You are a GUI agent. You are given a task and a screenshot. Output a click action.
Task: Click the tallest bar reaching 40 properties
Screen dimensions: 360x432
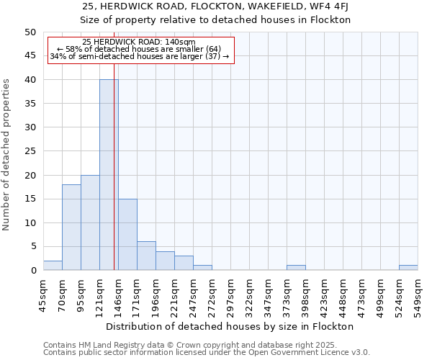(x=109, y=175)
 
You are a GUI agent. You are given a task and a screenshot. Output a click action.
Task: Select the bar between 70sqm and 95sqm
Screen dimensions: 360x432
(x=71, y=228)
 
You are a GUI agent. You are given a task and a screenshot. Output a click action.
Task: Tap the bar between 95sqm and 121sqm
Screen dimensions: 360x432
(x=90, y=222)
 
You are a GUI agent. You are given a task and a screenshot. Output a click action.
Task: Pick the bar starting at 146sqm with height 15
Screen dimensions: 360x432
(x=127, y=235)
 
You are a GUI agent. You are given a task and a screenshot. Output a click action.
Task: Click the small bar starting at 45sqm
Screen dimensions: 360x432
(x=53, y=266)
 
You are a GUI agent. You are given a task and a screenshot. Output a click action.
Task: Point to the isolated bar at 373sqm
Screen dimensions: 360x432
(x=296, y=268)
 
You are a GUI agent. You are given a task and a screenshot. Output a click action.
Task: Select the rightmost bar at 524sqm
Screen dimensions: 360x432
(x=408, y=268)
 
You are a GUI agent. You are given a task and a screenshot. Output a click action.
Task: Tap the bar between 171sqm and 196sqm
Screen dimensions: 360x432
(x=146, y=256)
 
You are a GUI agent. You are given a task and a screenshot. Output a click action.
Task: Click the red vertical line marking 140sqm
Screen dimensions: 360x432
(x=114, y=180)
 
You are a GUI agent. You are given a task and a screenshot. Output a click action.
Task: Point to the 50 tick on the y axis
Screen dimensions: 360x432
(x=30, y=32)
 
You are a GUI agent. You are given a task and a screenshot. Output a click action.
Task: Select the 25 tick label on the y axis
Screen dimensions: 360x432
(x=30, y=151)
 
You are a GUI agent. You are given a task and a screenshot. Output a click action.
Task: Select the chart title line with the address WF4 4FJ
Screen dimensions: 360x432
(x=215, y=6)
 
